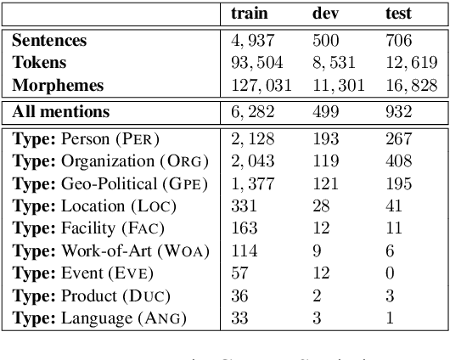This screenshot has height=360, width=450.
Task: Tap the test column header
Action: (398, 14)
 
